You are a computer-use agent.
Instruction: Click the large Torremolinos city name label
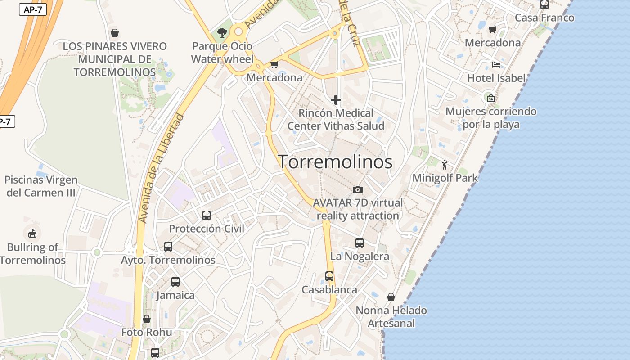[335, 162]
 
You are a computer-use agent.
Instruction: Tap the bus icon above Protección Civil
[207, 215]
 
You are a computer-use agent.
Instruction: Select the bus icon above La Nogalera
[360, 243]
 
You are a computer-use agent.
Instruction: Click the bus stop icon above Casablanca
[329, 276]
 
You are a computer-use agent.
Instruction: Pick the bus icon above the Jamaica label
[175, 282]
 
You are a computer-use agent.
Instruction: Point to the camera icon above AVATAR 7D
[358, 189]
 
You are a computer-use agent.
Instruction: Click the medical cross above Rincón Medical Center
[336, 100]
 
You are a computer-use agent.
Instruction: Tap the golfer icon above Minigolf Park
[445, 165]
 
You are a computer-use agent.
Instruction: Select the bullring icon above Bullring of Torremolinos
[32, 234]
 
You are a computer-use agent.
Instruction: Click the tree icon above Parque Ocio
[222, 32]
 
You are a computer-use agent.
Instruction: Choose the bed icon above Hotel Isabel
[496, 65]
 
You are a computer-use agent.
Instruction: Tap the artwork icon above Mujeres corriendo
[491, 98]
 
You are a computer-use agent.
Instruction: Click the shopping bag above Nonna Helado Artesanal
[391, 297]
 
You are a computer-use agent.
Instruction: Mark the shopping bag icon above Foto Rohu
[147, 319]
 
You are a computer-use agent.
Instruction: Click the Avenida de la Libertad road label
[162, 169]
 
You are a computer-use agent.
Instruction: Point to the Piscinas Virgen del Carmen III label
[41, 186]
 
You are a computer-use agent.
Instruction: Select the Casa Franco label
[544, 18]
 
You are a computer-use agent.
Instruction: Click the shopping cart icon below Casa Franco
[493, 30]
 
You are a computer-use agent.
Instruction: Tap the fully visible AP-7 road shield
[33, 9]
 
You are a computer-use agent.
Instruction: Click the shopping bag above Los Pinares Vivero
[115, 33]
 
